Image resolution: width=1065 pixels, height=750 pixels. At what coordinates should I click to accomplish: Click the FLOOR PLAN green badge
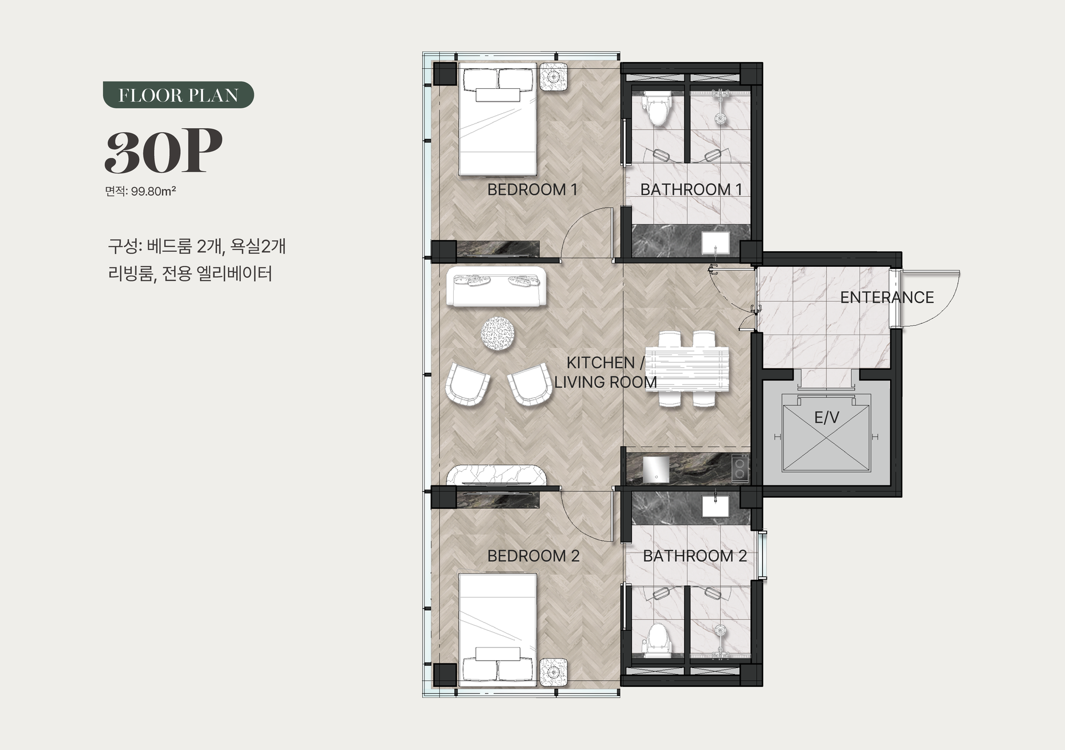point(178,95)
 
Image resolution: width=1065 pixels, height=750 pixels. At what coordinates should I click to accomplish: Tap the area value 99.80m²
point(154,191)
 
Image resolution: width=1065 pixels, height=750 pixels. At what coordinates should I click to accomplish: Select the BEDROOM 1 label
point(532,190)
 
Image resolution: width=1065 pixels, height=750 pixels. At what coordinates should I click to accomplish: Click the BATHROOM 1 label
point(691,190)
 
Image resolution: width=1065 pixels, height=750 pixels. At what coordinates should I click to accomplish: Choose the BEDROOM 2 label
point(533,556)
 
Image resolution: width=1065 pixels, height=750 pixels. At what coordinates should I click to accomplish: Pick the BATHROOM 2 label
point(694,556)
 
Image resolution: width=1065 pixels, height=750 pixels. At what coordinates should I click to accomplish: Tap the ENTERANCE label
point(887,297)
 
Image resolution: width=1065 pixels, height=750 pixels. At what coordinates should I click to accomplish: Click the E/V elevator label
point(826,418)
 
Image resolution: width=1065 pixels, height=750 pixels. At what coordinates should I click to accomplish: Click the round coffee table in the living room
point(498,333)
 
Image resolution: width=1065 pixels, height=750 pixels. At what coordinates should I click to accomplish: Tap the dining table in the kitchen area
point(688,369)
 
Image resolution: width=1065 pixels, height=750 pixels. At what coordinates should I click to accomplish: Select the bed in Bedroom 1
point(498,119)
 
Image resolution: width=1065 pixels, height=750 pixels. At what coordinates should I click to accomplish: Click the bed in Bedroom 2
point(498,627)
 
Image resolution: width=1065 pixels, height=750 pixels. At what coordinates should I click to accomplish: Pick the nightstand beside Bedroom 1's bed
point(554,77)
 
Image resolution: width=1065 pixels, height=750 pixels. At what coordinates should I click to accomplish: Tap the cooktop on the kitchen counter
point(740,468)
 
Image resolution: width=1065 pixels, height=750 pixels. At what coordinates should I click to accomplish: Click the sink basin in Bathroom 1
point(716,243)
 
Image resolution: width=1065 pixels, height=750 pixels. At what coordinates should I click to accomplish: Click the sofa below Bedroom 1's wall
point(496,286)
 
